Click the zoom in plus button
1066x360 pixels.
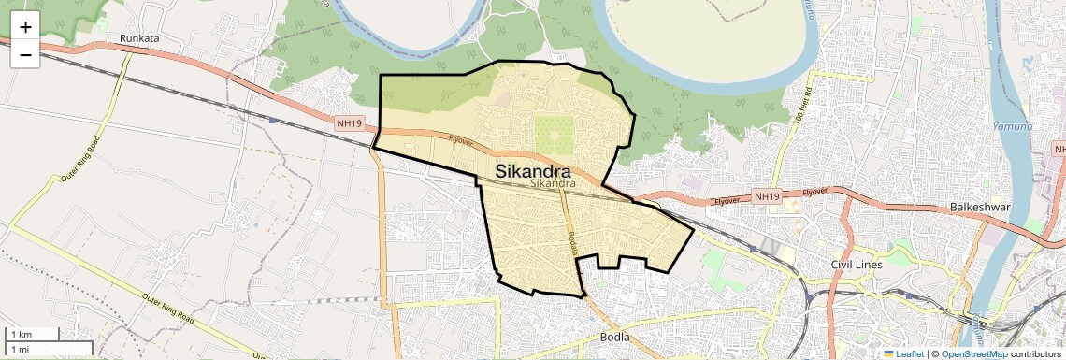(25, 28)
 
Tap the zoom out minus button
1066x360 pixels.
(25, 55)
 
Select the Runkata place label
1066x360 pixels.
(139, 39)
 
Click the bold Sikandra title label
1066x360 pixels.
(532, 171)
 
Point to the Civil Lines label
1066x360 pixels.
(856, 265)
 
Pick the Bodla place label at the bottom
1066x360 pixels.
(617, 337)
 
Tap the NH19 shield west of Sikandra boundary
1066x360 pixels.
(349, 122)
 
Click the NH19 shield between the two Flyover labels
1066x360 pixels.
(766, 196)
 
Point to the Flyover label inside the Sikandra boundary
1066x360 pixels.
(461, 139)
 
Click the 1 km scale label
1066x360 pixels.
(21, 334)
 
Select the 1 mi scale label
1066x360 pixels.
(20, 349)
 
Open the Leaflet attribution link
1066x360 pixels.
(910, 353)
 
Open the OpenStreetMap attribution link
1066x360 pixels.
(973, 353)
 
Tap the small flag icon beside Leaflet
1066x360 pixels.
(888, 353)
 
